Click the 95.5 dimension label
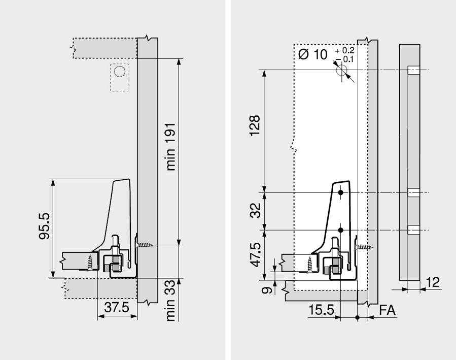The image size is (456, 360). tap(45, 226)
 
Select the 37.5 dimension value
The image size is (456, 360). tap(117, 307)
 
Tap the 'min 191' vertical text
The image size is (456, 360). tap(171, 147)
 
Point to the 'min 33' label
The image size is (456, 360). tap(171, 301)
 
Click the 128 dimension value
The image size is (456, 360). tap(255, 125)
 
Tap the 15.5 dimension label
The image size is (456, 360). tap(321, 310)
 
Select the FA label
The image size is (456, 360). tap(388, 310)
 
